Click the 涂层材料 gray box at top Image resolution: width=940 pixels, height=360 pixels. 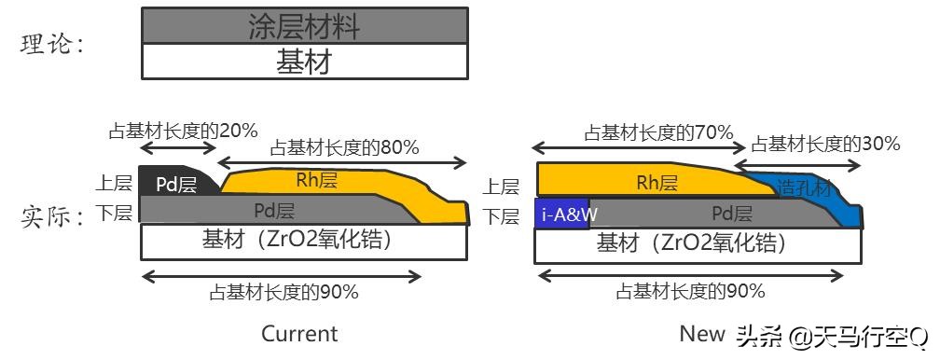(x=304, y=25)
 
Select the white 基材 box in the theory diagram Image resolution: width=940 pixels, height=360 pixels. (x=304, y=62)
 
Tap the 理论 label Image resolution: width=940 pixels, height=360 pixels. (x=52, y=44)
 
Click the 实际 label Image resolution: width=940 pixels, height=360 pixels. (x=52, y=217)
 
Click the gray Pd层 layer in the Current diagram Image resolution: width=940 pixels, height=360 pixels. (x=273, y=210)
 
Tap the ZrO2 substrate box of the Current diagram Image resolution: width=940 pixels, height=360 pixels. (x=304, y=241)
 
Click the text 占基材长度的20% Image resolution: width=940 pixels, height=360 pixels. (x=183, y=131)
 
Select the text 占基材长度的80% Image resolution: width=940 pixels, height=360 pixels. (x=344, y=146)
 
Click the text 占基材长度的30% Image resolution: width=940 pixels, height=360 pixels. (x=825, y=144)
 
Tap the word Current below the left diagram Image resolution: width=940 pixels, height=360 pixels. (x=299, y=333)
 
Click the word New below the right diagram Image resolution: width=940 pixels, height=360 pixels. (x=701, y=333)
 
